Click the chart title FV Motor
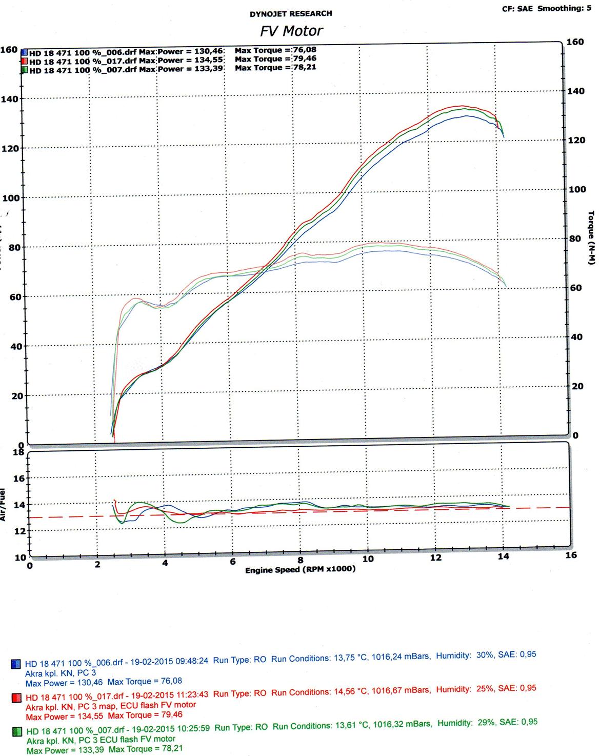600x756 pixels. (x=291, y=31)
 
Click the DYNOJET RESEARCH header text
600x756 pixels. (x=291, y=14)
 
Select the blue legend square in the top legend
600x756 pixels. (x=24, y=52)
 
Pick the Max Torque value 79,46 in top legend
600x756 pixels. (x=305, y=59)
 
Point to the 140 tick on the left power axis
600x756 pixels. (x=10, y=99)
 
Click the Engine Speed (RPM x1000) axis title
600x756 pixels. (x=300, y=570)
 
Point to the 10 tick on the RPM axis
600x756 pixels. (x=368, y=558)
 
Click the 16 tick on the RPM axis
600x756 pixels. (x=571, y=555)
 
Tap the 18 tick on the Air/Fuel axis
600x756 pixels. (x=18, y=452)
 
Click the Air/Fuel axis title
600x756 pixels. (x=4, y=505)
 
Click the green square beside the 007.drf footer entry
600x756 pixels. (x=17, y=731)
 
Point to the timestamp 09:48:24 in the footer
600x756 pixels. (x=191, y=661)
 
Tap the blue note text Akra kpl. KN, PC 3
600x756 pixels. (x=61, y=672)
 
